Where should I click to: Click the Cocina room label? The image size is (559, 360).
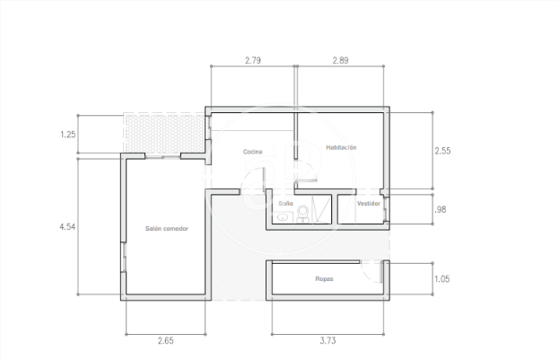[253, 152]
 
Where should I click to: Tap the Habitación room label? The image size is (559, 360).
[341, 147]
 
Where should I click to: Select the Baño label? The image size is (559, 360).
[285, 203]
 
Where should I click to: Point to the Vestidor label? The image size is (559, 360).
[369, 204]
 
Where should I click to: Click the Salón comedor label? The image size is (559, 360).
[167, 228]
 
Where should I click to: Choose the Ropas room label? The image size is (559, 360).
[324, 278]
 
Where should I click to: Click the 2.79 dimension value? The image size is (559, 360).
[253, 60]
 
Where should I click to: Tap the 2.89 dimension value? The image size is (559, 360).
[340, 60]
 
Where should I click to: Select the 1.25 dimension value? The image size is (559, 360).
[67, 135]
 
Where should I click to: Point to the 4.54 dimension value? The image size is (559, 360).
[67, 226]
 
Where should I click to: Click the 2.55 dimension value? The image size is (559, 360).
[442, 151]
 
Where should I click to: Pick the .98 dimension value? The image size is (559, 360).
[441, 209]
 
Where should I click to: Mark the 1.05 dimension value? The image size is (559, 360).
[442, 278]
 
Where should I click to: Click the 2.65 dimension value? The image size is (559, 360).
[166, 341]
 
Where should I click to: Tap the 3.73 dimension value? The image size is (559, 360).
[328, 341]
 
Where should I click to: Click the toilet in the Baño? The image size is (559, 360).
[302, 213]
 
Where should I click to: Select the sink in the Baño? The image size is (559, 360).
[284, 217]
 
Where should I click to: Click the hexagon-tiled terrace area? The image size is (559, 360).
[164, 134]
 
